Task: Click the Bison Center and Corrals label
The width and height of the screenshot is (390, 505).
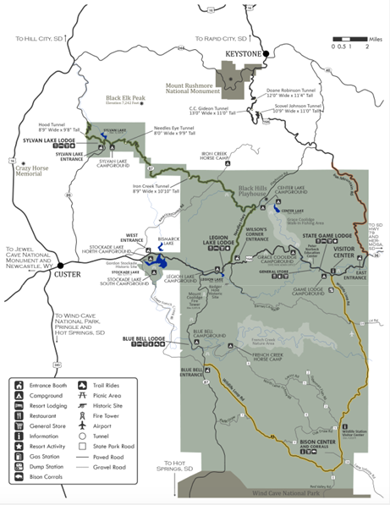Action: point(320,446)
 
